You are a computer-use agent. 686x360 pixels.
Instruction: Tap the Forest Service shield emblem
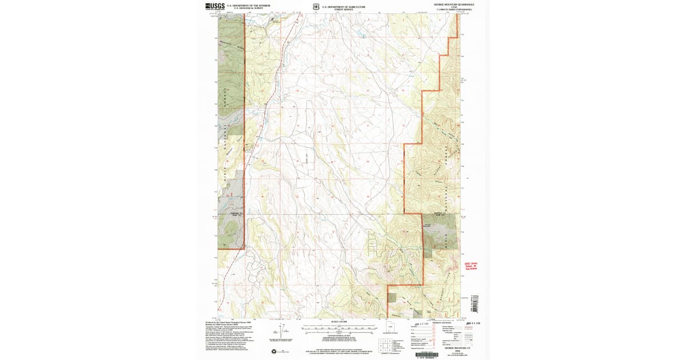pos(316,7)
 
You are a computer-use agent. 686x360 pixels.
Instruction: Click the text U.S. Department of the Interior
pos(249,5)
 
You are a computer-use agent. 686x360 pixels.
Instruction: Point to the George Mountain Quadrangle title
pos(454,5)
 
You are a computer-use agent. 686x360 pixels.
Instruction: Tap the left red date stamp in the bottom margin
pos(421,323)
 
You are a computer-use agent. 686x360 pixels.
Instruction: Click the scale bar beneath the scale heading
pos(339,329)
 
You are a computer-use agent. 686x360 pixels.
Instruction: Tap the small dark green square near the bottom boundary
pos(392,297)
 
